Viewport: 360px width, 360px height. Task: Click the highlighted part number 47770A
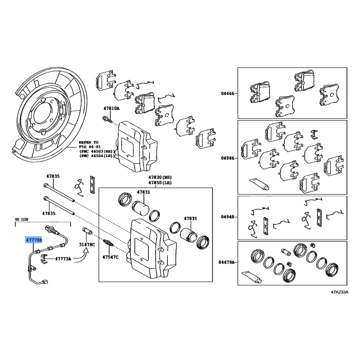[34, 240]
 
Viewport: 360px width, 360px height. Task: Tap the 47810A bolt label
[111, 108]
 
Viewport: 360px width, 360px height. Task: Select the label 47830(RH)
[160, 177]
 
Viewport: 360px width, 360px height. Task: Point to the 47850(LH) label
[160, 183]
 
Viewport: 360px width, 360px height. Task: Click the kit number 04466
[228, 94]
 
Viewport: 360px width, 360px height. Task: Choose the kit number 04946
[228, 158]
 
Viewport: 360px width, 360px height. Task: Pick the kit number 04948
[228, 217]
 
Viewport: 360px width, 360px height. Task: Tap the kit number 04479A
[227, 262]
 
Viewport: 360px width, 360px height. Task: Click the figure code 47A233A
[340, 292]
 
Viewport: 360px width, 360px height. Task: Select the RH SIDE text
[22, 220]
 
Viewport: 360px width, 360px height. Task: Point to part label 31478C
[87, 245]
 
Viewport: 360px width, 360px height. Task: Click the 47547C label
[110, 257]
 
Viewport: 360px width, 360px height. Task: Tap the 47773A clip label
[63, 259]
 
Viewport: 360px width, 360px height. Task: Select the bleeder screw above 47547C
[108, 243]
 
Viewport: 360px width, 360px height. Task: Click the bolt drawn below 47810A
[108, 119]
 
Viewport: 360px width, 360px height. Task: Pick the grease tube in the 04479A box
[252, 277]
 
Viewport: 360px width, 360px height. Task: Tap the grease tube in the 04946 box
[259, 184]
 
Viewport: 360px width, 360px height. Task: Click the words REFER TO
[88, 143]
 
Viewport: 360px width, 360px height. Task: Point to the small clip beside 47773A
[44, 258]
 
